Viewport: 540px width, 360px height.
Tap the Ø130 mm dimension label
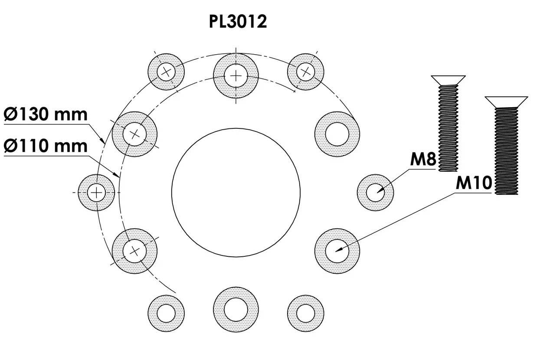[x=46, y=115]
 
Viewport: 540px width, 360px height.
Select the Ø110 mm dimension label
[x=46, y=146]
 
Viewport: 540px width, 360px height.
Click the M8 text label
[x=422, y=160]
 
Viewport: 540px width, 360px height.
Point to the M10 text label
[x=474, y=183]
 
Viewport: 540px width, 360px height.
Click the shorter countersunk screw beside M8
[x=448, y=124]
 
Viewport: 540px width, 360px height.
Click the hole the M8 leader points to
[x=375, y=192]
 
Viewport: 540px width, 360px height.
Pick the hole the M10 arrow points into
[x=337, y=251]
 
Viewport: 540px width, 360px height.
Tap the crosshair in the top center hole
[x=236, y=76]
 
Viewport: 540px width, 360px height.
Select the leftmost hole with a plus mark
[x=96, y=192]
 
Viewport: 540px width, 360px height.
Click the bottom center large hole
[x=236, y=308]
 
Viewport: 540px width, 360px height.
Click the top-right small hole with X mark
[x=306, y=72]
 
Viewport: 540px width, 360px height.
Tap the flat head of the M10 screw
[x=506, y=101]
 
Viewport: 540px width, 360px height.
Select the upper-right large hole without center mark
[x=337, y=134]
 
